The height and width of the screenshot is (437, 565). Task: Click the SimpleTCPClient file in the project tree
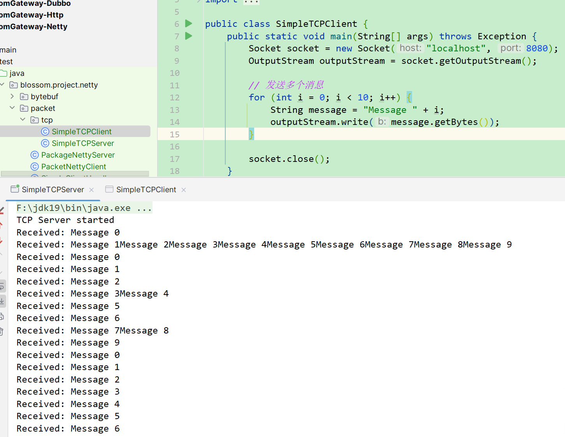[81, 132]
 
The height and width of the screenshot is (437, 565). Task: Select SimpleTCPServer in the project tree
[82, 143]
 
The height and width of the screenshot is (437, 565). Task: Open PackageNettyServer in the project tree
[78, 155]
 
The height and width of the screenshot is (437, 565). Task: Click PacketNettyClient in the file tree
[74, 167]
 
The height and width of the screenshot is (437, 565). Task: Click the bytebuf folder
[44, 97]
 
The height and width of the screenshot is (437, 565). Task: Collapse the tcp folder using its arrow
[23, 119]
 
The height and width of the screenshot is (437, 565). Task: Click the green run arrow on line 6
[188, 24]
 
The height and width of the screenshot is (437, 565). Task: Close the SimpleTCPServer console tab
[91, 190]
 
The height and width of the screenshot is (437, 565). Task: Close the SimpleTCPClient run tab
[184, 190]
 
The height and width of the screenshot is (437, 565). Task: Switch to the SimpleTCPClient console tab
[146, 190]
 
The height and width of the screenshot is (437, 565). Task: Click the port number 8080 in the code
[537, 48]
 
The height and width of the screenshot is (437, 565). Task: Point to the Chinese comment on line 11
[286, 85]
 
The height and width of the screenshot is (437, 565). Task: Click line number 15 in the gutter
[174, 134]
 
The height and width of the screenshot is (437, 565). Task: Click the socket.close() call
[289, 159]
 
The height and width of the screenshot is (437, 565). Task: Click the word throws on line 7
[455, 37]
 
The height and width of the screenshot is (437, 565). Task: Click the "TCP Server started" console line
[65, 220]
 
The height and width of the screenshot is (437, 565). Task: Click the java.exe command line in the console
[84, 208]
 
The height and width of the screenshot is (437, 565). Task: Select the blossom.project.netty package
[59, 85]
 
